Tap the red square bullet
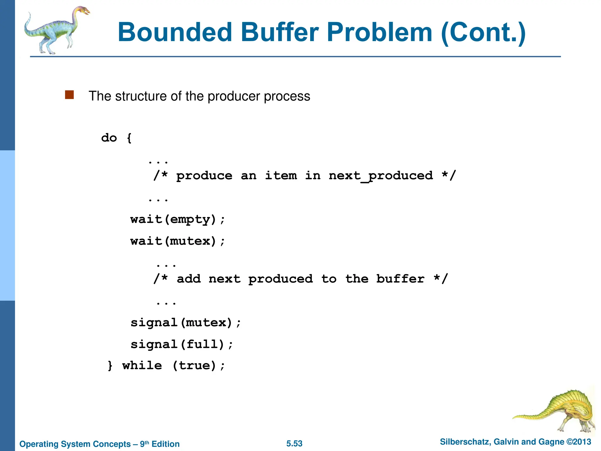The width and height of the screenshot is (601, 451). [x=69, y=95]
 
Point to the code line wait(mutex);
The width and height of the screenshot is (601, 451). [x=178, y=241]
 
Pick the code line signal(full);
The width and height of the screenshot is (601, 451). [x=182, y=344]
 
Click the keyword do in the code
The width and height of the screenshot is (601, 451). [x=109, y=138]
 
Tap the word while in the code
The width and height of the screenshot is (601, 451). [x=142, y=366]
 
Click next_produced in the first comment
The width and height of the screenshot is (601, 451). [x=381, y=176]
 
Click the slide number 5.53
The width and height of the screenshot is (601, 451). [x=294, y=443]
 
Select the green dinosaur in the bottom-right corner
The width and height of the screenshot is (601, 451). [x=558, y=411]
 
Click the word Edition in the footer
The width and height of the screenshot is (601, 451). [x=166, y=444]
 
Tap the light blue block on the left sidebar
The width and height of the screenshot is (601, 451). [x=7, y=225]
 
